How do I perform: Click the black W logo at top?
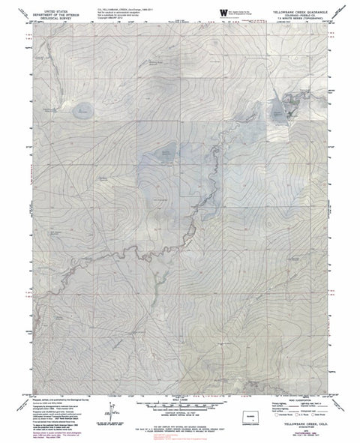coord(223,13)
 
